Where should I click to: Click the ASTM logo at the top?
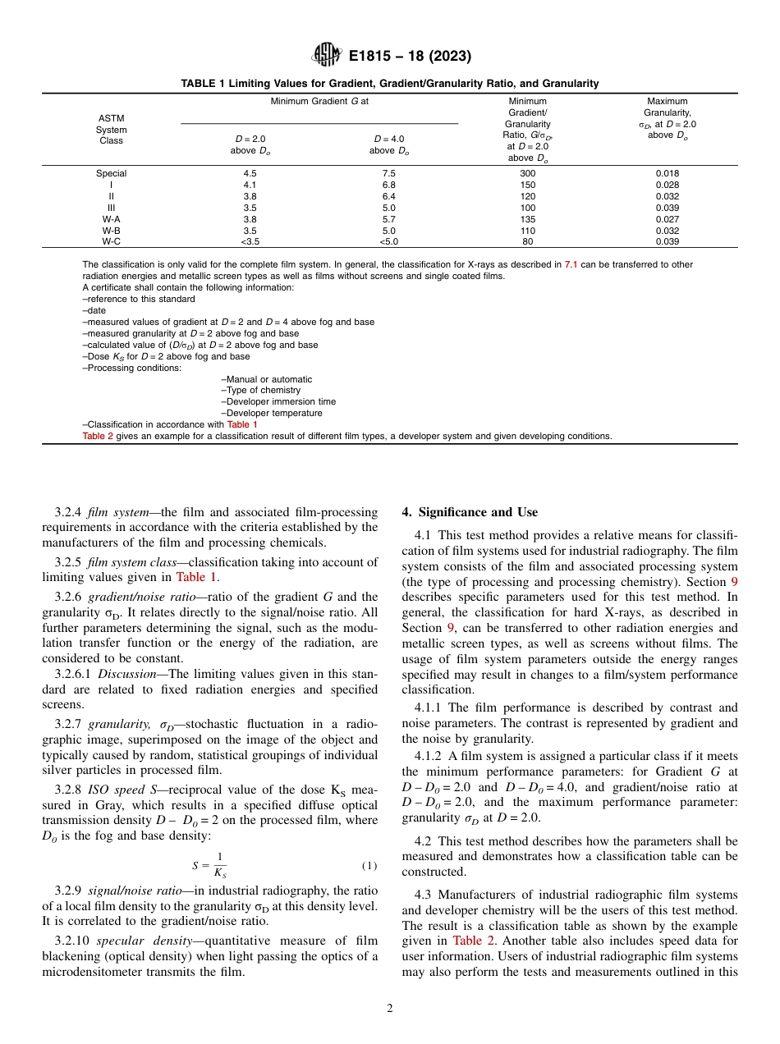click(326, 56)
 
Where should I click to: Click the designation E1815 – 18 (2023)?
click(410, 57)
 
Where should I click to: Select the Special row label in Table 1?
click(111, 173)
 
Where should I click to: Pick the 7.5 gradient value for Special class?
click(389, 173)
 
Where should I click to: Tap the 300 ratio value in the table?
click(527, 173)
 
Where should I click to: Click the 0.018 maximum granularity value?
click(667, 173)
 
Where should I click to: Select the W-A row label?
click(111, 219)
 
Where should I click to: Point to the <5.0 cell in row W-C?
click(389, 242)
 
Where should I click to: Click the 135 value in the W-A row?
click(527, 219)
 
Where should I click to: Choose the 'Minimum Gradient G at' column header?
click(319, 101)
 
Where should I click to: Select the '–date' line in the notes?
click(94, 310)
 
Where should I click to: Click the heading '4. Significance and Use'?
click(470, 512)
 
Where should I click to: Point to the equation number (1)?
click(369, 866)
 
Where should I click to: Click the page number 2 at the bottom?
click(390, 1009)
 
